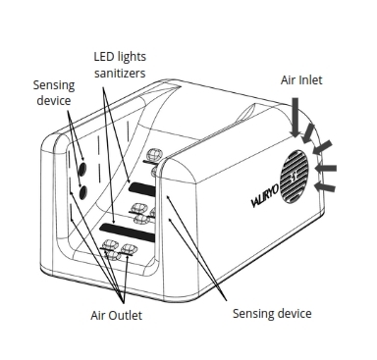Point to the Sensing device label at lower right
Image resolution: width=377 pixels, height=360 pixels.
pos(272,314)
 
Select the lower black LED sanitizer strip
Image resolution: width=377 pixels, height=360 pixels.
pos(130,231)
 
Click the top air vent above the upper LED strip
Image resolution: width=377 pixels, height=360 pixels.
pos(154,156)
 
